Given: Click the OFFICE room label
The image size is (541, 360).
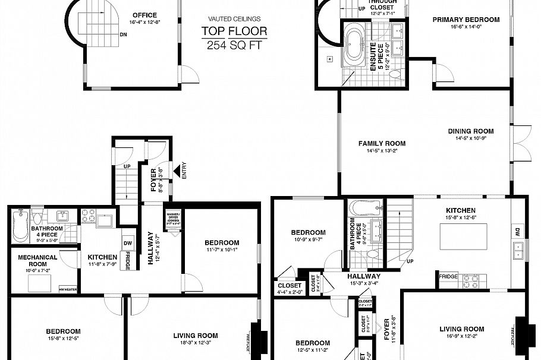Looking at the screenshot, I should pos(144,15).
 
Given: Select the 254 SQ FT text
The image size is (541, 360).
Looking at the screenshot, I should pos(234,45).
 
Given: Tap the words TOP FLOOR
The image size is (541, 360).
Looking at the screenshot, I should pos(234,31).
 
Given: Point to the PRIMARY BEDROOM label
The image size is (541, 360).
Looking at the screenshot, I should pos(465,20).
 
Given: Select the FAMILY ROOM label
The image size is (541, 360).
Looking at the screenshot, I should pos(382,143).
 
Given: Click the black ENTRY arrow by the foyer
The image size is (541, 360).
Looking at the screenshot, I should pos(177,172).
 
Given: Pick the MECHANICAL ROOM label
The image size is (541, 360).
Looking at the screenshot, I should pos(37,261).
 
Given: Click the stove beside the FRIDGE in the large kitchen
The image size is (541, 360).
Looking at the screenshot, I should pos(471,278).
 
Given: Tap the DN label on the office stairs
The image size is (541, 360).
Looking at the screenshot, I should pos(123,34).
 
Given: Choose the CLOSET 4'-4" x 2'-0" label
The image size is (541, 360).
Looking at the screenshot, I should pos(289,288).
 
